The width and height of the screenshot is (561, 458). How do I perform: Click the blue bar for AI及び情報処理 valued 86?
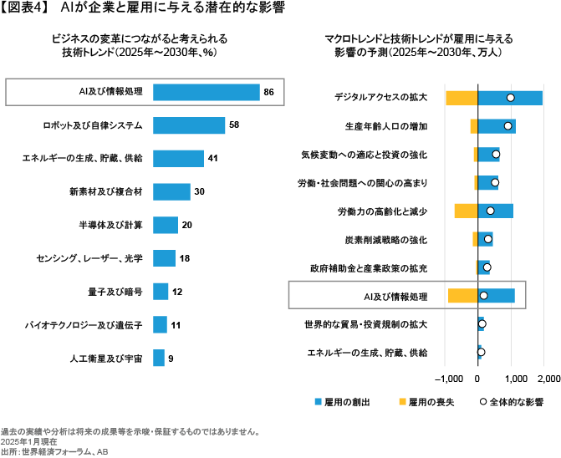coord(206,92)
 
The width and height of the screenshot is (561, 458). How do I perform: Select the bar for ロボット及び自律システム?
coord(189,125)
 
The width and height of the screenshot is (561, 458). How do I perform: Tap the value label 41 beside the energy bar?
coord(212,158)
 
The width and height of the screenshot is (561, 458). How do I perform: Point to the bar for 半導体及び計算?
coord(166,225)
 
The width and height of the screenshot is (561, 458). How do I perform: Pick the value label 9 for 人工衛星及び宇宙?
coord(171,359)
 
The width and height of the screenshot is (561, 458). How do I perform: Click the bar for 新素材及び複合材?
coord(171,191)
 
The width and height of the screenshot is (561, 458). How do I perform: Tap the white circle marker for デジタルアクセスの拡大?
coord(510,98)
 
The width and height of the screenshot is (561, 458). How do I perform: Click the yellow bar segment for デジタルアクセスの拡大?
coord(461,98)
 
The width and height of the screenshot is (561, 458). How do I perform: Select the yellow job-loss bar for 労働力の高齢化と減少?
coord(465,211)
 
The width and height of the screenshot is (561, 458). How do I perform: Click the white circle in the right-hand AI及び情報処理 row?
coord(483,296)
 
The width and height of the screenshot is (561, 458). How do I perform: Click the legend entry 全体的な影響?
coord(513,402)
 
